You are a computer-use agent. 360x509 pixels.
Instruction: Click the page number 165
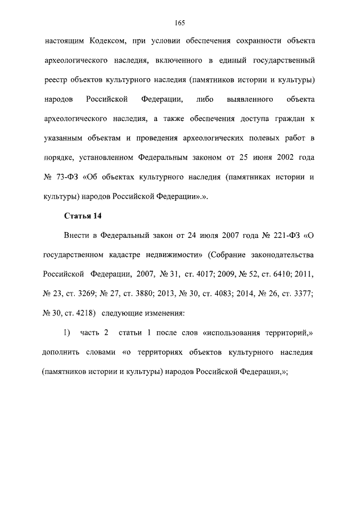[x=180, y=22]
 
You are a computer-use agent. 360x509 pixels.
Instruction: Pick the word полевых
[x=251, y=138]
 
